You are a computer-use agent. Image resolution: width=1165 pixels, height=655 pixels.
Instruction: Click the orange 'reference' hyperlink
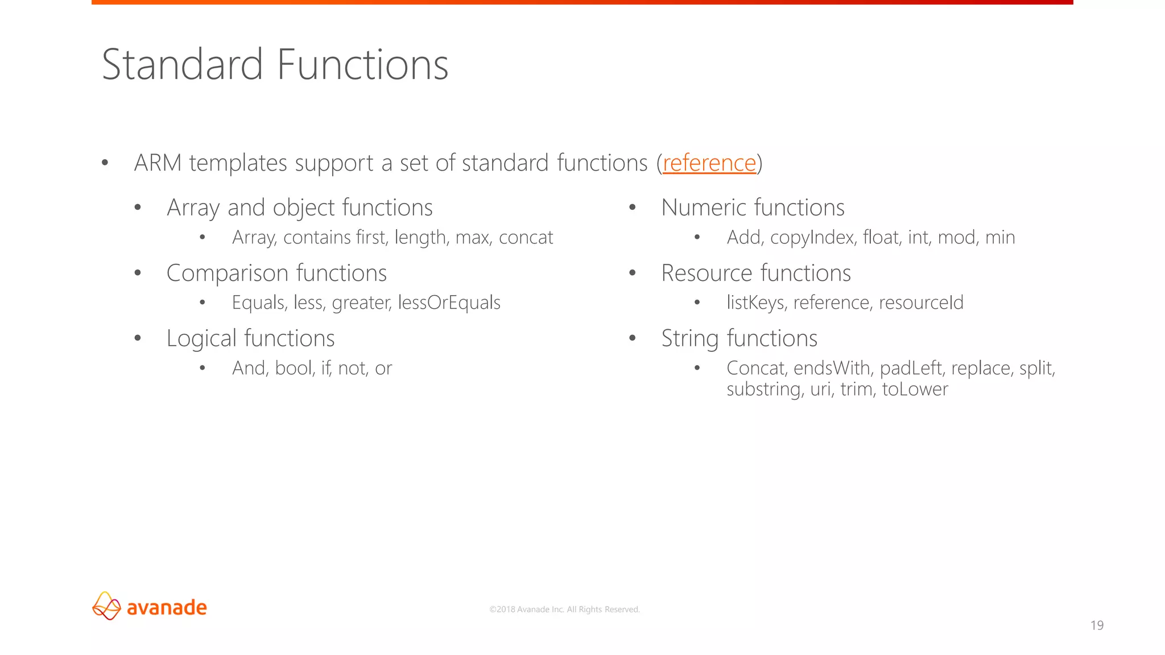pyautogui.click(x=709, y=163)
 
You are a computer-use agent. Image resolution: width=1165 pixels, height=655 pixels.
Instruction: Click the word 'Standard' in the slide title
pyautogui.click(x=182, y=65)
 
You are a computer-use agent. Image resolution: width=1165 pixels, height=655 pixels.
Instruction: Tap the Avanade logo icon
pyautogui.click(x=106, y=606)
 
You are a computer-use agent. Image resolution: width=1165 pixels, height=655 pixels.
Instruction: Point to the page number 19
pyautogui.click(x=1097, y=625)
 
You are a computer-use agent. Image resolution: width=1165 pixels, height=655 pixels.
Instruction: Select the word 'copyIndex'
pyautogui.click(x=812, y=238)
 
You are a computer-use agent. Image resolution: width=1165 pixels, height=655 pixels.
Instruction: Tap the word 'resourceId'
pyautogui.click(x=921, y=302)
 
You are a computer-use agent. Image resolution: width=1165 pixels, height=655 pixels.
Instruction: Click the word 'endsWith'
pyautogui.click(x=833, y=368)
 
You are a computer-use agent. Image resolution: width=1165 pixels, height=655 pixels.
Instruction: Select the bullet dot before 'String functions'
pyautogui.click(x=632, y=338)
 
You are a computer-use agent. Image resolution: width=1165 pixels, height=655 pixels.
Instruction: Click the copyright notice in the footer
pyautogui.click(x=564, y=610)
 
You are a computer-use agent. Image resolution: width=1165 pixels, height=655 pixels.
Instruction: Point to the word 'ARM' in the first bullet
pyautogui.click(x=158, y=163)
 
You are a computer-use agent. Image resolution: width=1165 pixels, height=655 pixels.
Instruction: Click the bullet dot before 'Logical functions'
pyautogui.click(x=138, y=338)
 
